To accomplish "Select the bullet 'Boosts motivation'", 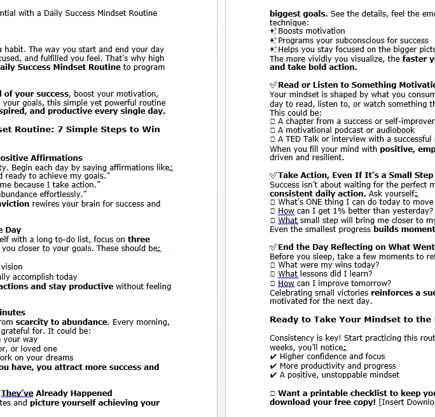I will [x=311, y=31].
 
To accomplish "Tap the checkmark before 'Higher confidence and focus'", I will [x=273, y=357].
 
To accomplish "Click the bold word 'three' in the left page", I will [x=139, y=240].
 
